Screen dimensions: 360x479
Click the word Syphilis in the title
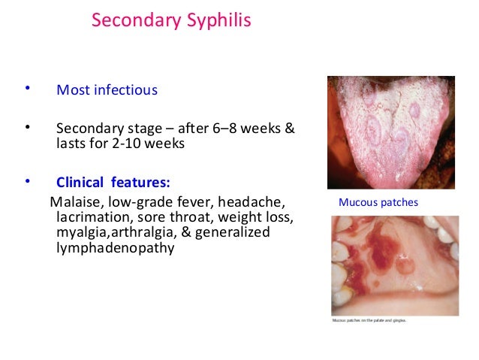coord(218,20)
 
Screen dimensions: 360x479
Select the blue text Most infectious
coord(107,90)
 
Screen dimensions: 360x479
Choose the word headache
coord(258,201)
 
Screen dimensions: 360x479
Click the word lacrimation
coord(91,217)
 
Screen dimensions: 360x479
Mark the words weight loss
coord(254,217)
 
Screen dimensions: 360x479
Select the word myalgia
coord(80,232)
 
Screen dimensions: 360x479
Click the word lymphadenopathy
coord(115,248)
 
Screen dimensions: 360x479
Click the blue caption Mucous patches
coord(378,202)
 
